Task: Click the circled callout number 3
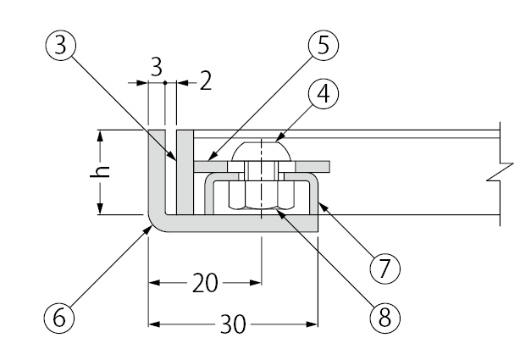tap(60, 45)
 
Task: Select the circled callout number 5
tap(324, 45)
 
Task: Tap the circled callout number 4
tap(324, 93)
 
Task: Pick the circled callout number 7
tap(384, 268)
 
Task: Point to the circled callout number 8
tap(384, 318)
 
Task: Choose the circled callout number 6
tap(59, 318)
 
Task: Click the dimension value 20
tap(205, 283)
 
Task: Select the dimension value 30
tap(233, 324)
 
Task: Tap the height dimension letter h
tap(100, 171)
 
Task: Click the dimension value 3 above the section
tap(157, 68)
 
